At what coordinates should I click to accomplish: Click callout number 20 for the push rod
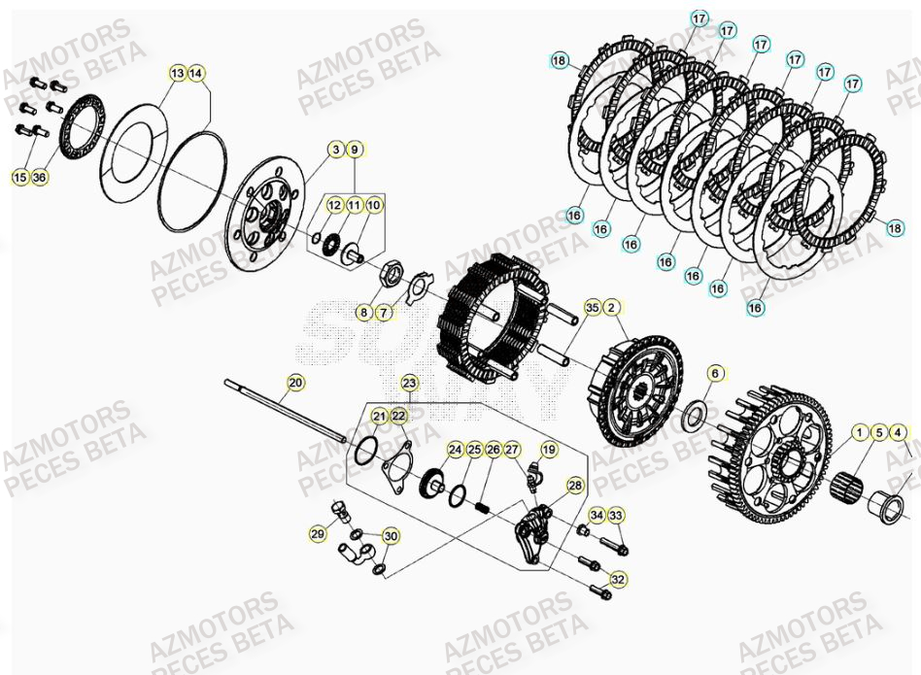pyautogui.click(x=295, y=383)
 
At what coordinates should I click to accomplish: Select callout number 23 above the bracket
pyautogui.click(x=409, y=383)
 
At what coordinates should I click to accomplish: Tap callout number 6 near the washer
pyautogui.click(x=714, y=373)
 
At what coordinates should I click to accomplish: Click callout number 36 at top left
pyautogui.click(x=39, y=177)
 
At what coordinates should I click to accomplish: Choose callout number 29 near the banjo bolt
pyautogui.click(x=318, y=534)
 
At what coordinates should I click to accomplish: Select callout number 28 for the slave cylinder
pyautogui.click(x=575, y=485)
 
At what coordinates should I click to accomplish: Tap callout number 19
pyautogui.click(x=549, y=449)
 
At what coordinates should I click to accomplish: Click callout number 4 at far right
pyautogui.click(x=898, y=432)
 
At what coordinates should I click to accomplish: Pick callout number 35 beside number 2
pyautogui.click(x=592, y=309)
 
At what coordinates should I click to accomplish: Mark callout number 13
pyautogui.click(x=177, y=73)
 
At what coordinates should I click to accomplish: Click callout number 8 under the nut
pyautogui.click(x=363, y=313)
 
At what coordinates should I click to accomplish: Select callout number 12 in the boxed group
pyautogui.click(x=334, y=205)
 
